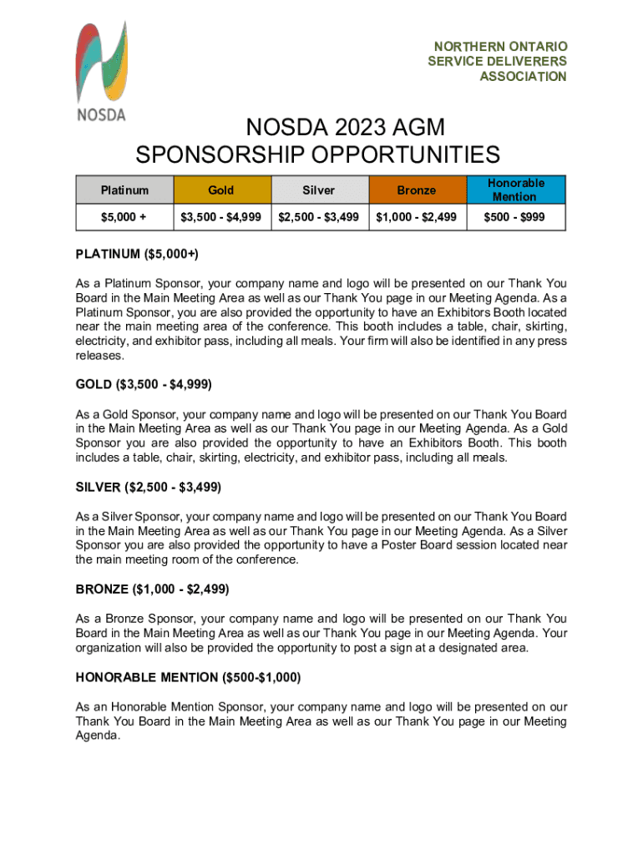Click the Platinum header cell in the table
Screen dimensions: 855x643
coord(124,190)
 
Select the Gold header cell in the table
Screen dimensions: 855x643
coord(221,190)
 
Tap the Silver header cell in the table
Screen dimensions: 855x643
coord(319,190)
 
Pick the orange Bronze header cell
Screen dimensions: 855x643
coord(417,190)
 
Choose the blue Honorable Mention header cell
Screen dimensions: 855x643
coord(516,190)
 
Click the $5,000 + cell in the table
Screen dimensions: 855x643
coord(124,217)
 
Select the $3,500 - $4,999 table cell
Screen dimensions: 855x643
coord(221,217)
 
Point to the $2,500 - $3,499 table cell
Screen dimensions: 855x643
coord(319,217)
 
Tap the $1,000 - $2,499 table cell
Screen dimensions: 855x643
coord(417,217)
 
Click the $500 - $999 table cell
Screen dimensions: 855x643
coord(516,217)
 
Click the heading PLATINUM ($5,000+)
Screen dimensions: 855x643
coord(137,254)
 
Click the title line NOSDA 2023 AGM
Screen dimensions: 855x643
coord(344,129)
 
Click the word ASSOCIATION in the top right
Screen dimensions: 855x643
coord(523,77)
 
